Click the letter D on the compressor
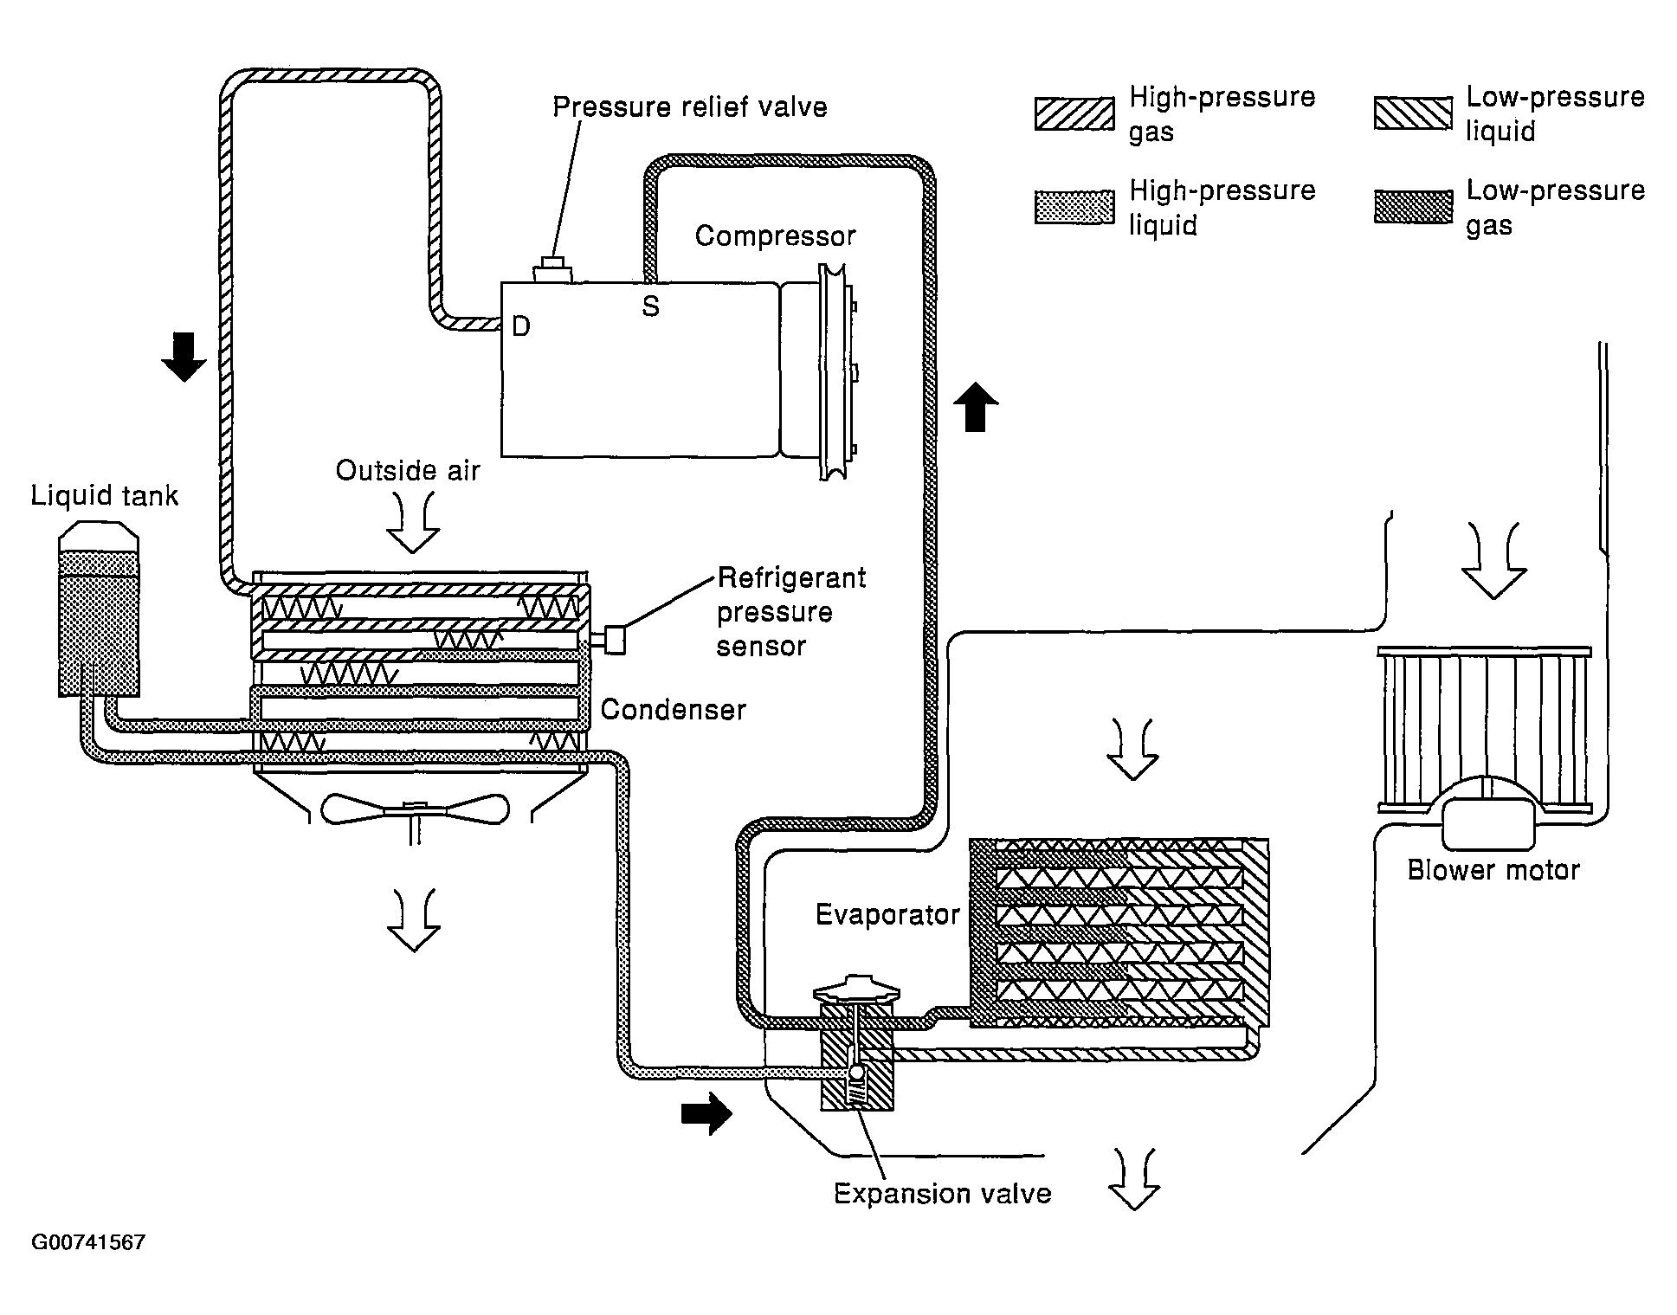(x=521, y=326)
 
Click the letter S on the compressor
(x=650, y=306)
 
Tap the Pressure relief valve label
(x=690, y=107)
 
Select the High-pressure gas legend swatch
(x=1074, y=114)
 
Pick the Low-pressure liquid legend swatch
(x=1413, y=113)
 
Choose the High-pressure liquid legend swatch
(x=1074, y=208)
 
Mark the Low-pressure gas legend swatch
(x=1413, y=207)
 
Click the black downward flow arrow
(x=184, y=357)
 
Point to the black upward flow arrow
(x=976, y=406)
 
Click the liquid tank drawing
(x=99, y=609)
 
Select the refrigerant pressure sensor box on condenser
(x=614, y=640)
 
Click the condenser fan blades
(x=415, y=809)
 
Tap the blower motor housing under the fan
(x=1487, y=822)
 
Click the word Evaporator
(x=887, y=914)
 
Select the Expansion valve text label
(x=943, y=1194)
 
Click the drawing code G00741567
(x=88, y=1242)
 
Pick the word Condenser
(x=673, y=710)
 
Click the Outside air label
(x=408, y=471)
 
